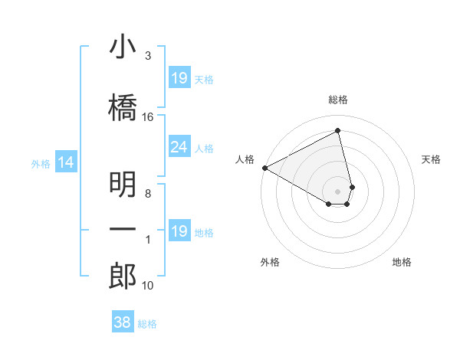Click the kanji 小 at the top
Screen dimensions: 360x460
coord(123,47)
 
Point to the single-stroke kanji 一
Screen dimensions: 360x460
coord(123,230)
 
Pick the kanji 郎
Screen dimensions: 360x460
coord(123,276)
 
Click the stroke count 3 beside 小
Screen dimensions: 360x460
coord(147,56)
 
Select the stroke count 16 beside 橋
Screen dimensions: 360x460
coord(148,117)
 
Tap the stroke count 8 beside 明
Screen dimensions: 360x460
coord(147,194)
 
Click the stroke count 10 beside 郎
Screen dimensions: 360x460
coord(148,286)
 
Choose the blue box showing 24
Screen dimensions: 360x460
coord(179,147)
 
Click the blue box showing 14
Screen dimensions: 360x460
coord(66,162)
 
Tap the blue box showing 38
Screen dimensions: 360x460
coord(123,322)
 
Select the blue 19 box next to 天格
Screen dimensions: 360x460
coord(179,78)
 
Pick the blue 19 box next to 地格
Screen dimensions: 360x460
coord(179,231)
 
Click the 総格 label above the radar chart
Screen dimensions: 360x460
coord(338,100)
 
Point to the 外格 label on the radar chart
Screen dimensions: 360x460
coord(270,262)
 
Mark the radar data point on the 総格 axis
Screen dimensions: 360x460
coord(338,130)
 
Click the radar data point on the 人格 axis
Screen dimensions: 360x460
coord(264,167)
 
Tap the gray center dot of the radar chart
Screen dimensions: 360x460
coord(338,191)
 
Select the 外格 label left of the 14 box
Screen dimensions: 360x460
coord(41,163)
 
